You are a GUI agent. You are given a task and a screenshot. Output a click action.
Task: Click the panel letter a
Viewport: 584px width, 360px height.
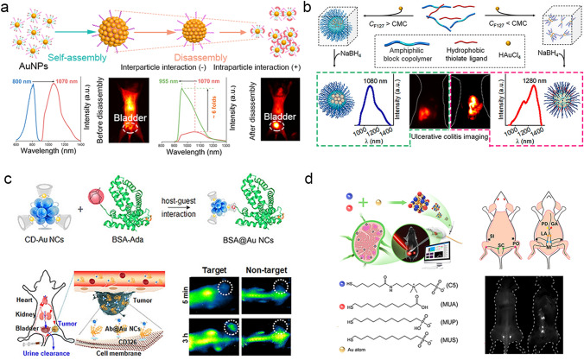pyautogui.click(x=6, y=7)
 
